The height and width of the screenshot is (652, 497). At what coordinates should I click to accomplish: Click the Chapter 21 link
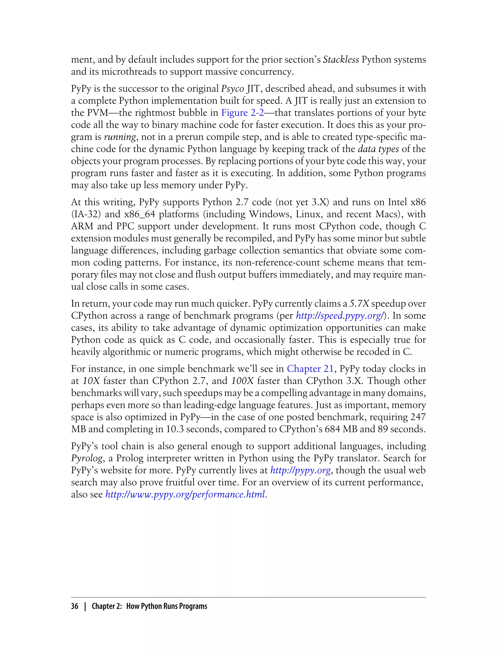(x=310, y=369)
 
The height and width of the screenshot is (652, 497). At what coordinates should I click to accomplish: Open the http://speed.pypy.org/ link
(x=341, y=316)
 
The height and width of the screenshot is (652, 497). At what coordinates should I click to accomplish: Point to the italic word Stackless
(x=341, y=60)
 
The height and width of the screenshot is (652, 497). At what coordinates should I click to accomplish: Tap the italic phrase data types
(x=378, y=149)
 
